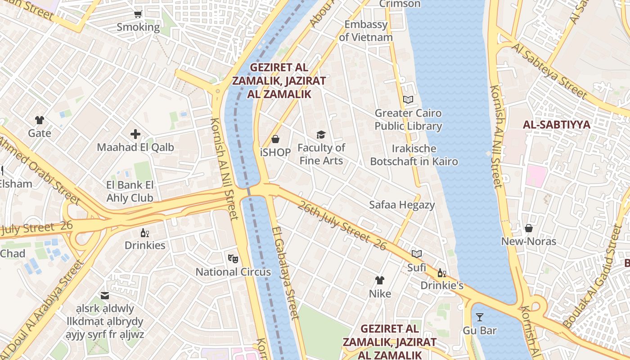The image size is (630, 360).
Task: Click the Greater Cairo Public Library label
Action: [x=408, y=120]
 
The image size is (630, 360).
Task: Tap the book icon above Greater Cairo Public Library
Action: [x=408, y=99]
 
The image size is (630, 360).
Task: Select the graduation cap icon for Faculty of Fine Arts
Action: [x=321, y=135]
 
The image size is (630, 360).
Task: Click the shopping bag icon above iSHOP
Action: [x=275, y=139]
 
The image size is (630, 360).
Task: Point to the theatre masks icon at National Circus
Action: [x=233, y=258]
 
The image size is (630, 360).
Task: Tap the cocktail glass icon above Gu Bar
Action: [x=480, y=317]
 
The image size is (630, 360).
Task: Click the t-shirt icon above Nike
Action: [x=380, y=280]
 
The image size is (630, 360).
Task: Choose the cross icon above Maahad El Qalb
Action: [x=135, y=134]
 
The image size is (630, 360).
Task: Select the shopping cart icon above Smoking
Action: [x=138, y=14]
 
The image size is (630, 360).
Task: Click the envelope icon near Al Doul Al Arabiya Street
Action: [x=105, y=296]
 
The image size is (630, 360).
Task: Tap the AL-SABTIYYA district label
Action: [x=556, y=125]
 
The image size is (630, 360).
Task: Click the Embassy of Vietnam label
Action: [x=366, y=31]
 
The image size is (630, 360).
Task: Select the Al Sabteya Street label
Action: [x=549, y=71]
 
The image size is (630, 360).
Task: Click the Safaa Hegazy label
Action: [x=402, y=205]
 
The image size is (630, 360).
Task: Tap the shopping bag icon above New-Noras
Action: [x=529, y=228]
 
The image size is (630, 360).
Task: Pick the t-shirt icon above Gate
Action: [x=40, y=120]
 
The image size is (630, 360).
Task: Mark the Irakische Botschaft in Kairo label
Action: [x=414, y=155]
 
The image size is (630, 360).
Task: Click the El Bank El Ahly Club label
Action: [x=130, y=191]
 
